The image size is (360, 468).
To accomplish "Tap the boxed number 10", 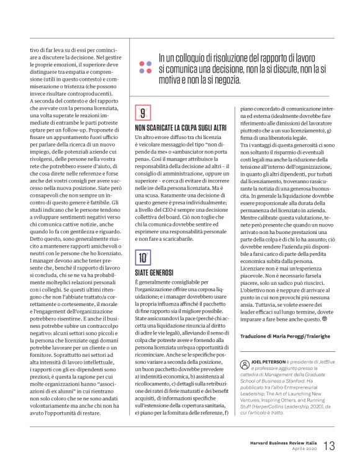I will (x=143, y=258).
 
